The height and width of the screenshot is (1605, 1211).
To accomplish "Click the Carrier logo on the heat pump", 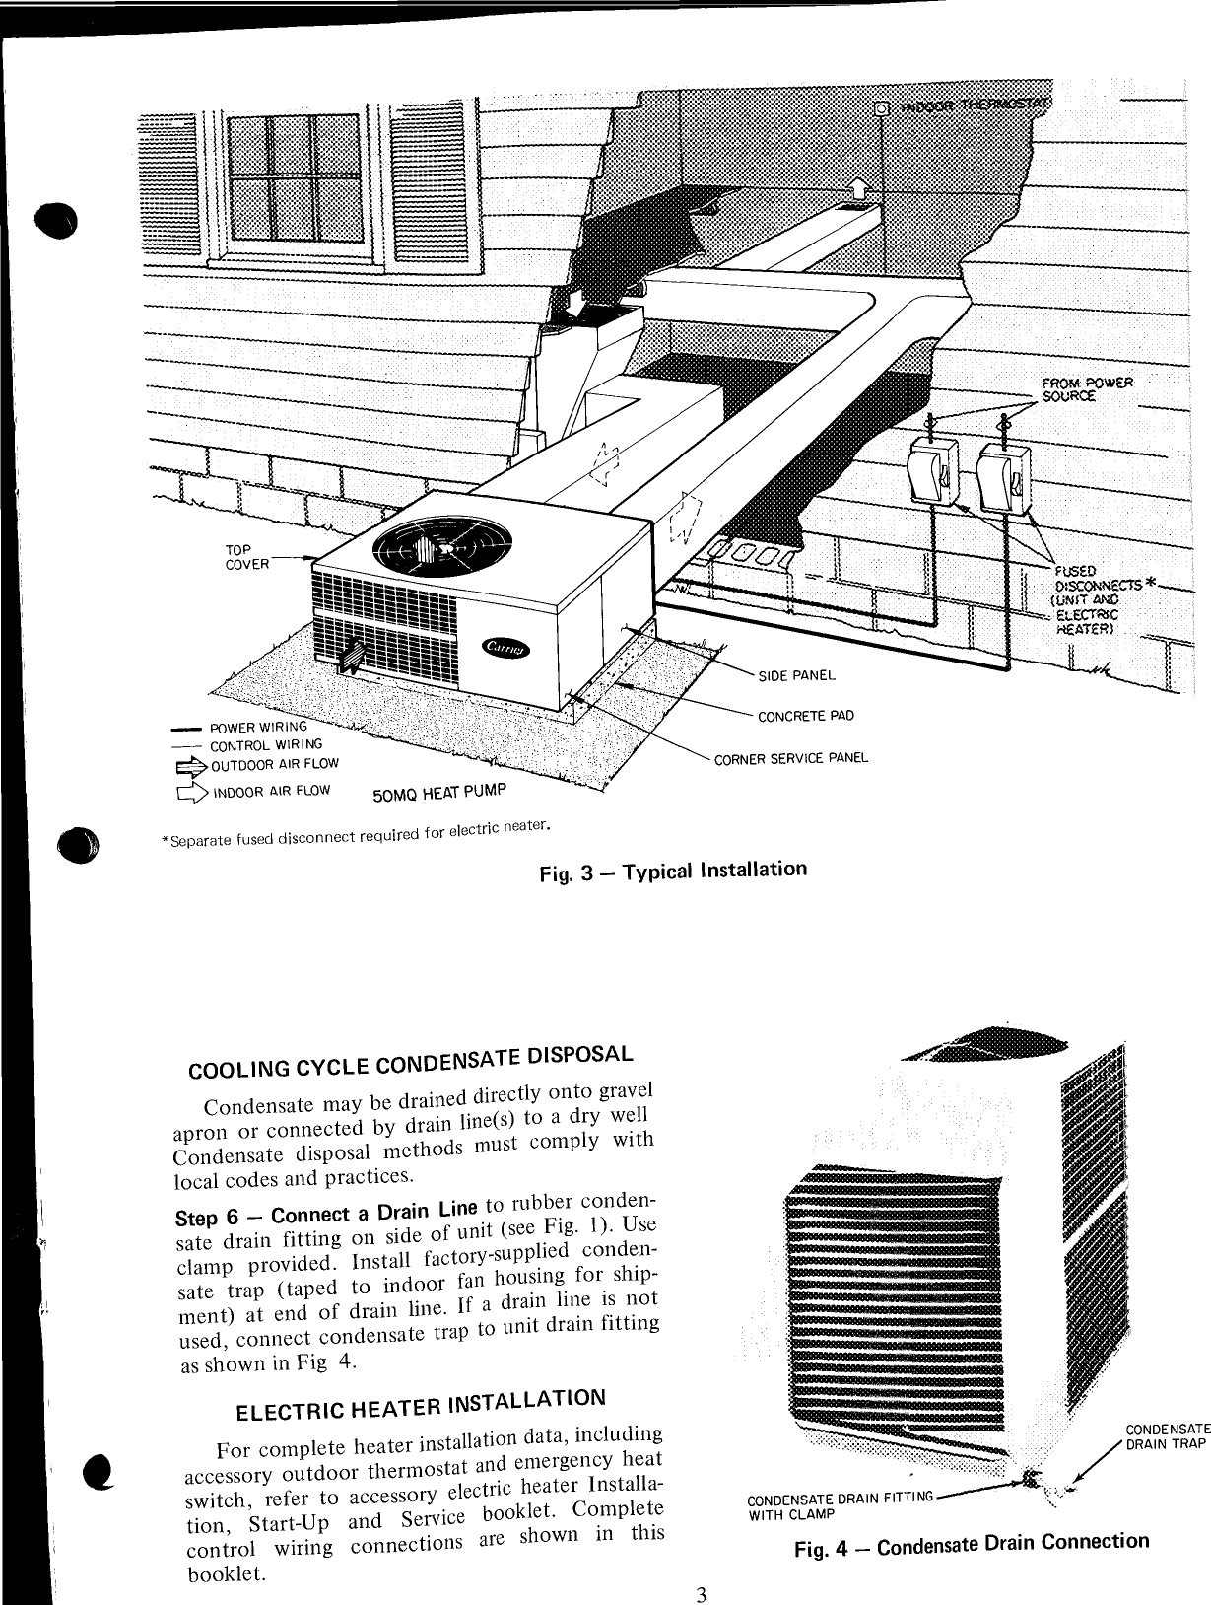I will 504,647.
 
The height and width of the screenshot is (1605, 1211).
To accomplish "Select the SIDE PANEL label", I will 796,675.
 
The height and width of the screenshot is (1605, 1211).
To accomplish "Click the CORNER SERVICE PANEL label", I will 790,758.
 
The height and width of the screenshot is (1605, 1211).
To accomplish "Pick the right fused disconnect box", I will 1004,479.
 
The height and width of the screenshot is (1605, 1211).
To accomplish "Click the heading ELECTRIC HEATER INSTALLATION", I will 420,1404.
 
